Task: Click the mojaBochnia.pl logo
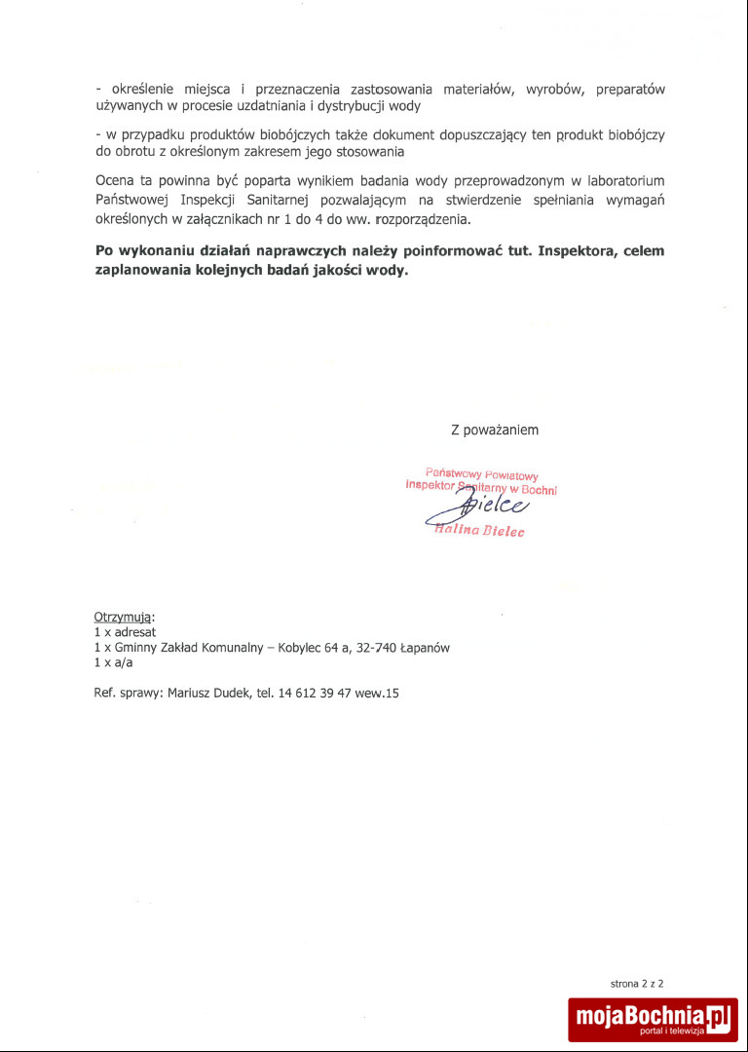(x=653, y=1019)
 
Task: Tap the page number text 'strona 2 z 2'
(x=637, y=984)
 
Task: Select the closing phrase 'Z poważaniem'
(x=495, y=430)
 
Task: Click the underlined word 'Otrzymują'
(x=123, y=617)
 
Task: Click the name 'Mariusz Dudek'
(x=209, y=694)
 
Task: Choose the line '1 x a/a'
(x=113, y=662)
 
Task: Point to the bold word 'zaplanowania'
(x=142, y=271)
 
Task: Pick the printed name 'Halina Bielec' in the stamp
(x=478, y=531)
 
